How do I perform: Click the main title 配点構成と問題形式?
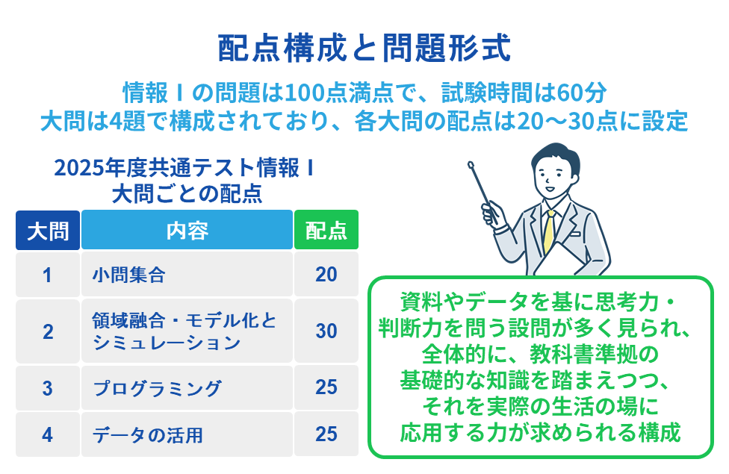click(x=364, y=48)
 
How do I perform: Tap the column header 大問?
click(x=48, y=230)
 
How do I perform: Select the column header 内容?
click(x=187, y=230)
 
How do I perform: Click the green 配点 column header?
click(x=326, y=230)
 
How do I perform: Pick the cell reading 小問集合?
click(x=187, y=274)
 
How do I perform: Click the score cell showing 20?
click(x=326, y=274)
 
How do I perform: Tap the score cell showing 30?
click(x=326, y=331)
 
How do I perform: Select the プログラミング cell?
click(x=187, y=388)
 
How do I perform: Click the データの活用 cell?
click(x=187, y=434)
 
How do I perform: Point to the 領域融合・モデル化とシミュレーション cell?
click(x=187, y=331)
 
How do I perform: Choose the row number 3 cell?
click(x=48, y=388)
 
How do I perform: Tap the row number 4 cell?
click(x=48, y=434)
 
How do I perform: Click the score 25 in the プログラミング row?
click(x=326, y=387)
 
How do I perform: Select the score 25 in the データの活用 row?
click(x=326, y=434)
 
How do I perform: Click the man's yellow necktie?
click(x=549, y=232)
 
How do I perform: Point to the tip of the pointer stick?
click(x=470, y=163)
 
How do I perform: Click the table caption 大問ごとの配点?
click(x=187, y=194)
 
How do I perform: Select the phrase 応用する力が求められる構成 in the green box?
click(x=540, y=432)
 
